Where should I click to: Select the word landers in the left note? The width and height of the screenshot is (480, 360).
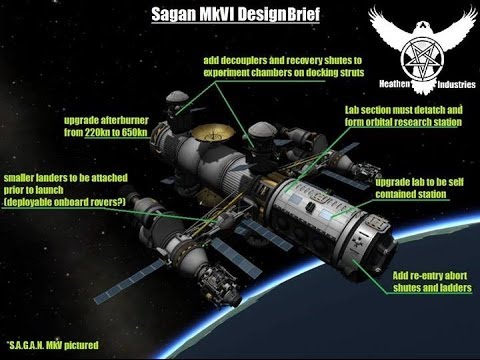point(53,176)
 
